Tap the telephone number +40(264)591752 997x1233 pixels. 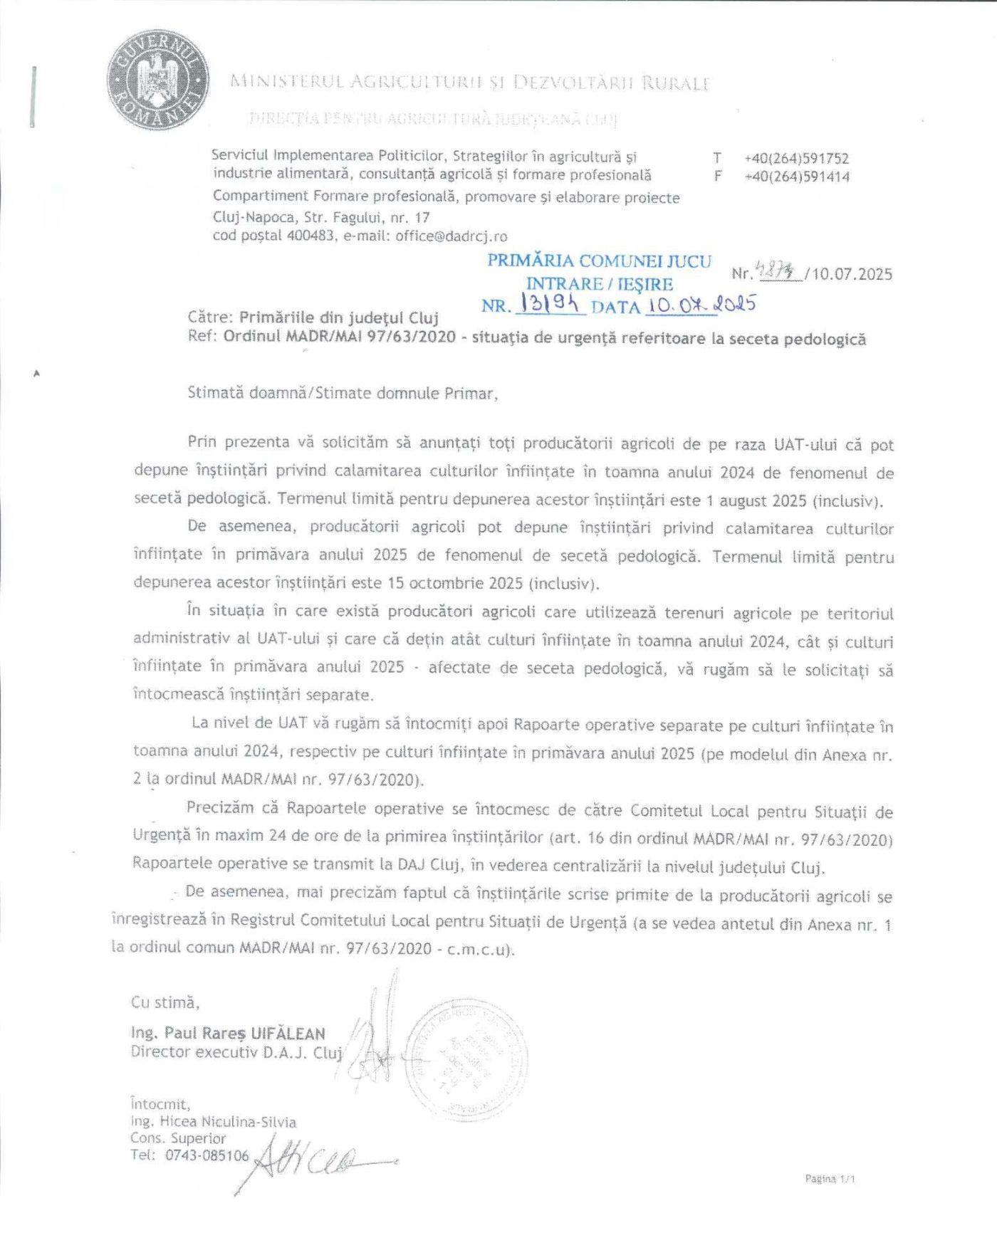coord(797,159)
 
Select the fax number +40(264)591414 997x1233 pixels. coord(797,177)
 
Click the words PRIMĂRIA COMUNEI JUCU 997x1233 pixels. coord(599,261)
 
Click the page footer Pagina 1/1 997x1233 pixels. coord(830,1178)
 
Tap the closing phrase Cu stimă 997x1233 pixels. coord(165,1002)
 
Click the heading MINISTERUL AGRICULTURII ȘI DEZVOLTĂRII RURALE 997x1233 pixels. coord(470,83)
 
